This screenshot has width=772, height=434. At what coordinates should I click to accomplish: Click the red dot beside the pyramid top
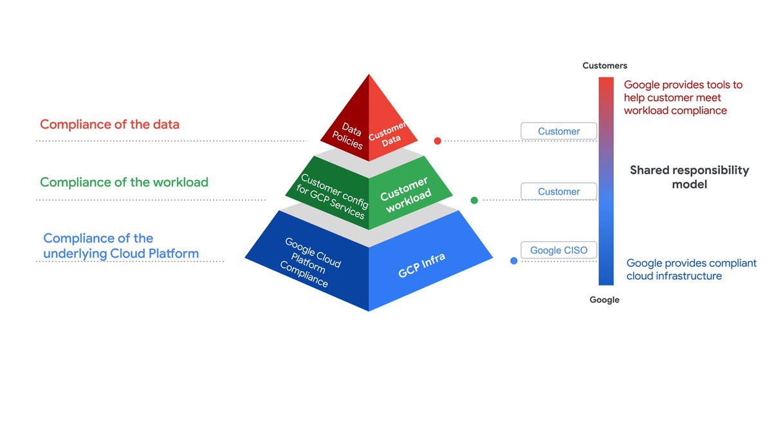pos(437,141)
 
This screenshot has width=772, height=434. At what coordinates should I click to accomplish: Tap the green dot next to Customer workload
pos(474,201)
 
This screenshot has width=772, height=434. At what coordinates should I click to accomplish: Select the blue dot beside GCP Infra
pos(514,261)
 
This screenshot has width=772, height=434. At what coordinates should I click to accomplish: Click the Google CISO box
pos(558,250)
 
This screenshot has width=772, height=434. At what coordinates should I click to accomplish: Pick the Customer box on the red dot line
pos(558,131)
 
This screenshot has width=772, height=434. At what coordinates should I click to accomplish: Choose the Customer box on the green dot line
pos(558,192)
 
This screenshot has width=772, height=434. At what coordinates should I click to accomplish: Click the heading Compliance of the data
pos(109,124)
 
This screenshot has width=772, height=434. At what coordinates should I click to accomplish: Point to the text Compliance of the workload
pos(124,182)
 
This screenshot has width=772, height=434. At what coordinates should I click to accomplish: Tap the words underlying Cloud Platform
pos(121,253)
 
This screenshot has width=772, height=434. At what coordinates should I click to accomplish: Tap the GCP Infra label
pos(421,265)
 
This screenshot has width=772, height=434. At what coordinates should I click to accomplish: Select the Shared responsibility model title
pos(689,177)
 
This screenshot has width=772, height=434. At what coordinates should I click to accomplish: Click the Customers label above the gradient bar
pos(605,66)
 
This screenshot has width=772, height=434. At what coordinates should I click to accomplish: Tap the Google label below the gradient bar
pos(605,300)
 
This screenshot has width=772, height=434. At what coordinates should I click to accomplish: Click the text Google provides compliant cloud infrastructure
pos(691,269)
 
